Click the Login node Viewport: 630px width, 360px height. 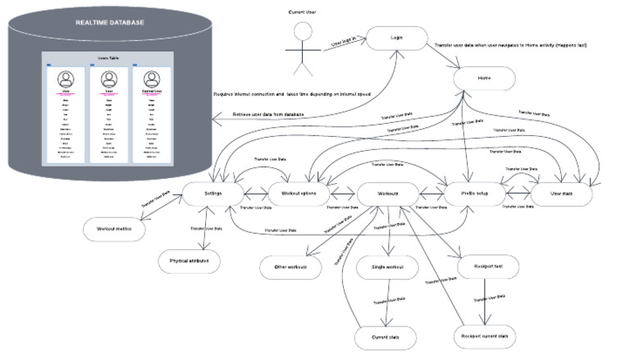pyautogui.click(x=397, y=38)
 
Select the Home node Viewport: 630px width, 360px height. pyautogui.click(x=483, y=79)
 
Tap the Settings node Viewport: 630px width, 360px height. pyautogui.click(x=212, y=194)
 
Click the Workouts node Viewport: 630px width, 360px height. pyautogui.click(x=388, y=194)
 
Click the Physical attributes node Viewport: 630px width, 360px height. pyautogui.click(x=189, y=261)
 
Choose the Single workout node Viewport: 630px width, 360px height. pyautogui.click(x=388, y=267)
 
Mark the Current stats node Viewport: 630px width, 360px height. pyautogui.click(x=386, y=336)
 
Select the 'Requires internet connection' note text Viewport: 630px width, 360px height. pyautogui.click(x=292, y=94)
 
